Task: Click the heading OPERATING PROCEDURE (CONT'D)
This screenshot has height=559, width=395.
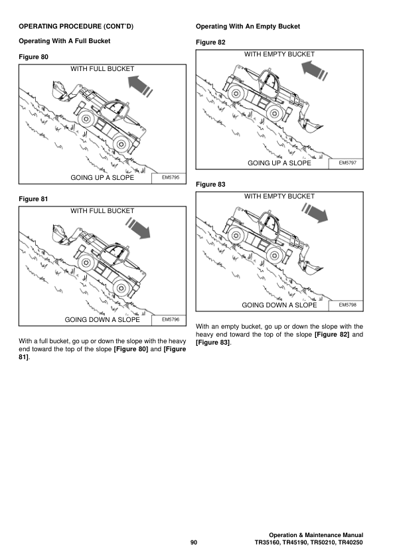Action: (x=76, y=27)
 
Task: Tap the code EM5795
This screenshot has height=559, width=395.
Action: (x=171, y=177)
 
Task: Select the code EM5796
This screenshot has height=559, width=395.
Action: (x=171, y=319)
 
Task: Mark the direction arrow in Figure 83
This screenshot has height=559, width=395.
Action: (x=316, y=213)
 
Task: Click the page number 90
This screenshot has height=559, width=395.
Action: (x=194, y=543)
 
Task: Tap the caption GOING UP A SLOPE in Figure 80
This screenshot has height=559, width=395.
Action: (x=102, y=178)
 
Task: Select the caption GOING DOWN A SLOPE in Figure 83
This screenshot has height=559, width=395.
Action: (x=279, y=305)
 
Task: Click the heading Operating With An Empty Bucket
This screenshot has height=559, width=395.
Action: (x=248, y=27)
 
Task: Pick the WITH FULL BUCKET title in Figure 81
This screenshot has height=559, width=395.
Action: (x=102, y=211)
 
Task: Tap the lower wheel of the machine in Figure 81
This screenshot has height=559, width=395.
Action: (x=120, y=287)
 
